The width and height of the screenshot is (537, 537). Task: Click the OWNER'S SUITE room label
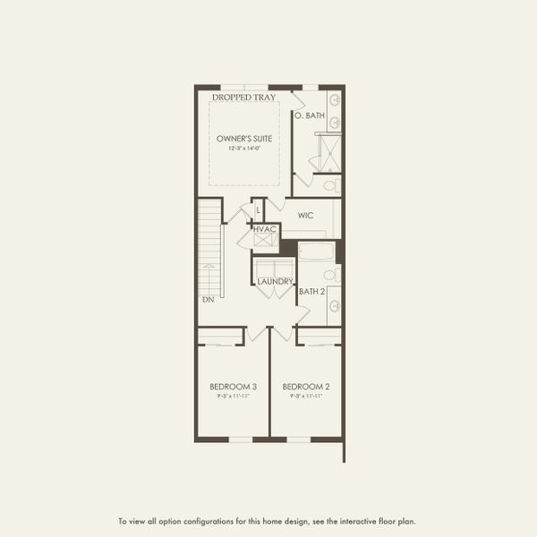pos(244,139)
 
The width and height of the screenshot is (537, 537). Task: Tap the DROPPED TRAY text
pos(243,97)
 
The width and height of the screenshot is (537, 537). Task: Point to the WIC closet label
pos(305,216)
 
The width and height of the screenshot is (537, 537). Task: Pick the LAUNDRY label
pos(275,282)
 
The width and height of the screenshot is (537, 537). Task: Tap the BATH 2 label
pos(311,291)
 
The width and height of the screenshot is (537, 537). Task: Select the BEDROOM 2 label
pos(306,387)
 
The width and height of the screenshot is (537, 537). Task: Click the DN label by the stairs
pos(208,299)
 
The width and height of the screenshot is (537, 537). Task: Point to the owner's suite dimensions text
pos(244,149)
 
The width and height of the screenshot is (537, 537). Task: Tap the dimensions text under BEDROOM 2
pos(306,396)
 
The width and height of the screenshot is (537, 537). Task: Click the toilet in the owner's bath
pos(330,186)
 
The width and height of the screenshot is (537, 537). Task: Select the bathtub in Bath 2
pos(316,251)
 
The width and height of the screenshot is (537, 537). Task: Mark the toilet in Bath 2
pos(330,275)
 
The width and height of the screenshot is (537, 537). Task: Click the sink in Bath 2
pos(334,306)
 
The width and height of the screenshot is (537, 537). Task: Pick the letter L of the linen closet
pos(258,210)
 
